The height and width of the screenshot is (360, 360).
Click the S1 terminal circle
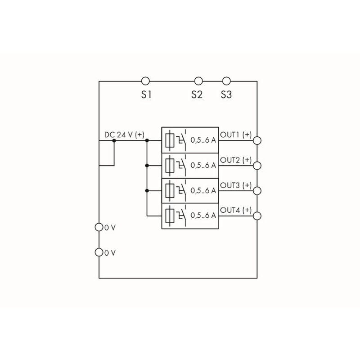point(145,81)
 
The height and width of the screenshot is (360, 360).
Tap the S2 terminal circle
point(198,81)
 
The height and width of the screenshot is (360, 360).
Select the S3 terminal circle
point(227,81)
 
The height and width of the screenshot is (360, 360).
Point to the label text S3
point(226,95)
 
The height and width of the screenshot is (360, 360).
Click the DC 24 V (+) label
point(124,135)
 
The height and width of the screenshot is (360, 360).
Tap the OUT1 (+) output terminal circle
point(257,140)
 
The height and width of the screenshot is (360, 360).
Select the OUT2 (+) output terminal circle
point(257,166)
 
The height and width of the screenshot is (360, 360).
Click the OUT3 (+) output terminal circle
point(257,191)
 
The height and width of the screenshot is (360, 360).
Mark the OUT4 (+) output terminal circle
point(257,216)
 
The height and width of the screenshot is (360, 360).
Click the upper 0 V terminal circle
point(99,227)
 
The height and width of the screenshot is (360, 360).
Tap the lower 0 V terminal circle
point(99,252)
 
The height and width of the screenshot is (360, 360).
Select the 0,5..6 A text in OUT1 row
point(203,140)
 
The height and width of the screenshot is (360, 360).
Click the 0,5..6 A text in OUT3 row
point(203,191)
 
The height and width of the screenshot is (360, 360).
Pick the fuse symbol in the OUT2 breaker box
point(170,166)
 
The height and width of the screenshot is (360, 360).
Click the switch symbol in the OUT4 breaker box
point(181,215)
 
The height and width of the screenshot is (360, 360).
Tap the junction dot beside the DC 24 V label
point(114,140)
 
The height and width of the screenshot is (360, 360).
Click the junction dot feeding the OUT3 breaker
point(146,191)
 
